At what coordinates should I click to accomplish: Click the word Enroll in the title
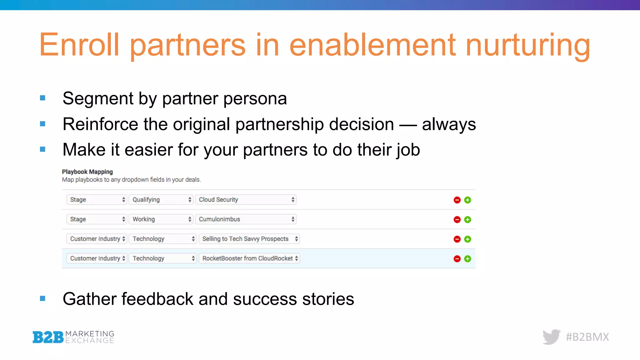click(79, 45)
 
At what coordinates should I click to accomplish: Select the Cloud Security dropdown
click(246, 200)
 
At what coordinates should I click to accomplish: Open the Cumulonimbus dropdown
click(246, 219)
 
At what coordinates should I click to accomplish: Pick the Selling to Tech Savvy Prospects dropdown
click(249, 239)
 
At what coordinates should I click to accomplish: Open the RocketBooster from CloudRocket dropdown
click(249, 258)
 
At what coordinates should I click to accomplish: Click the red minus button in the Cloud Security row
click(457, 200)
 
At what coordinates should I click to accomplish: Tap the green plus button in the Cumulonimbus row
click(467, 220)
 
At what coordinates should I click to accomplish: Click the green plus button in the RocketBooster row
click(467, 259)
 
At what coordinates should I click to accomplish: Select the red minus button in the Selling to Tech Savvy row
click(457, 239)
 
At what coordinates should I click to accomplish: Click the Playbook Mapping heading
click(87, 172)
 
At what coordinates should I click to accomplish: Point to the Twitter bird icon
click(552, 337)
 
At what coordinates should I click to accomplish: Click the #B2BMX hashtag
click(587, 337)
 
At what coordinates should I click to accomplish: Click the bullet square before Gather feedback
click(43, 299)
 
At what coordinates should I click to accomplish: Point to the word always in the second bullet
click(449, 124)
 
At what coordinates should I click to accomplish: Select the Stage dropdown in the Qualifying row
click(96, 200)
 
